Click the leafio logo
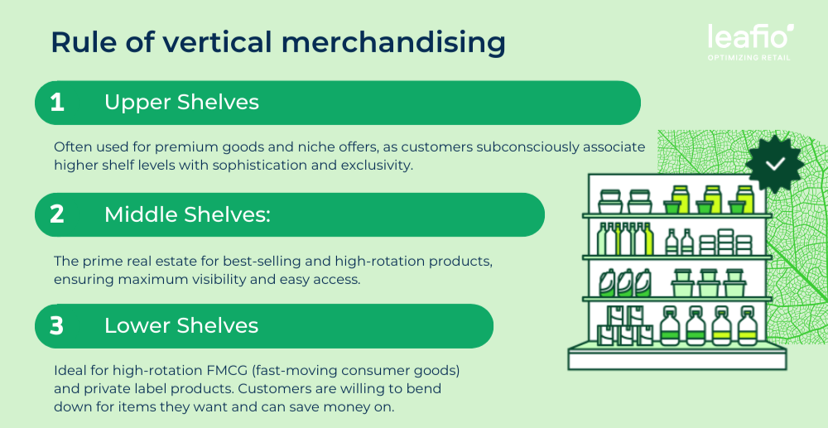(751, 37)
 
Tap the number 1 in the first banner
(57, 103)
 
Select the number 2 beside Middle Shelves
(57, 214)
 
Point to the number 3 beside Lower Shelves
(56, 326)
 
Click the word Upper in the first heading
(137, 103)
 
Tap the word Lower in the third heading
(137, 326)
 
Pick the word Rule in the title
(75, 43)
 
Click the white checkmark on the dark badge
(775, 164)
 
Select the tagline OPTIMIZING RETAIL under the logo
(749, 57)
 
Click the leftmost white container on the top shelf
(610, 201)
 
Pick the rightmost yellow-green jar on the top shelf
(744, 199)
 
